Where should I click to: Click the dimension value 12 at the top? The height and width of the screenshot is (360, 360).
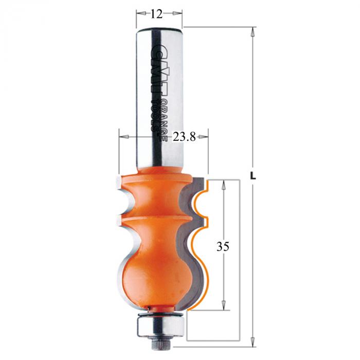tap(156, 14)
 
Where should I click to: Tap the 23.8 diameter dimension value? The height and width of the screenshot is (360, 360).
tap(184, 137)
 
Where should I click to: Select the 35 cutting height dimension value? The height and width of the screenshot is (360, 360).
tap(223, 247)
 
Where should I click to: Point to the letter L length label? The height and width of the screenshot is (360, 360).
tap(253, 176)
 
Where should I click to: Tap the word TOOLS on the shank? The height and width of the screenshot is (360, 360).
tap(155, 115)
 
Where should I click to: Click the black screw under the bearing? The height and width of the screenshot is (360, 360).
tap(160, 345)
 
